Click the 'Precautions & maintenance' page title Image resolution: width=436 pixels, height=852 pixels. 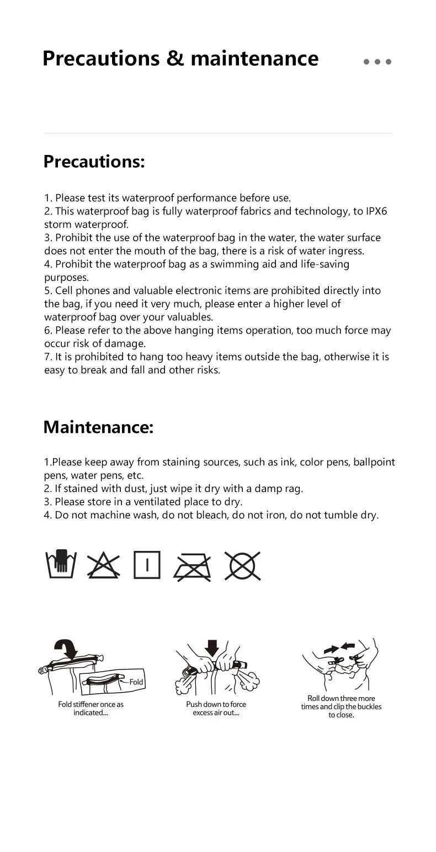[180, 58]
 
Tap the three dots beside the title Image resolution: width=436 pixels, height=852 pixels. [377, 62]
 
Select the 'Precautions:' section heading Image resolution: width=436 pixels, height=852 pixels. [94, 162]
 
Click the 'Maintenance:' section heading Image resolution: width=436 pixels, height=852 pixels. [98, 427]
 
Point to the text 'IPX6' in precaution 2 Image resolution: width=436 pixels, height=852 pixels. [377, 211]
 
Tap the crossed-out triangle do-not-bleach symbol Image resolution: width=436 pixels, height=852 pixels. [103, 565]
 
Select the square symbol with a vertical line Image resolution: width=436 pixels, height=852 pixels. [147, 565]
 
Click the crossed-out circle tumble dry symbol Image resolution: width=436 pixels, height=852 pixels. [242, 565]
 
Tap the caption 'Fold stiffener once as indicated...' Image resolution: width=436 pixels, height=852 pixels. [91, 709]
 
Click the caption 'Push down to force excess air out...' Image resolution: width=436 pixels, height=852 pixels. [216, 709]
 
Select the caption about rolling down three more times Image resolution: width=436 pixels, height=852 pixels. [341, 706]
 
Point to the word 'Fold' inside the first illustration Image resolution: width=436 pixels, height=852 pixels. [136, 682]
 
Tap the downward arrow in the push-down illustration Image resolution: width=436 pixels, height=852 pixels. [212, 647]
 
